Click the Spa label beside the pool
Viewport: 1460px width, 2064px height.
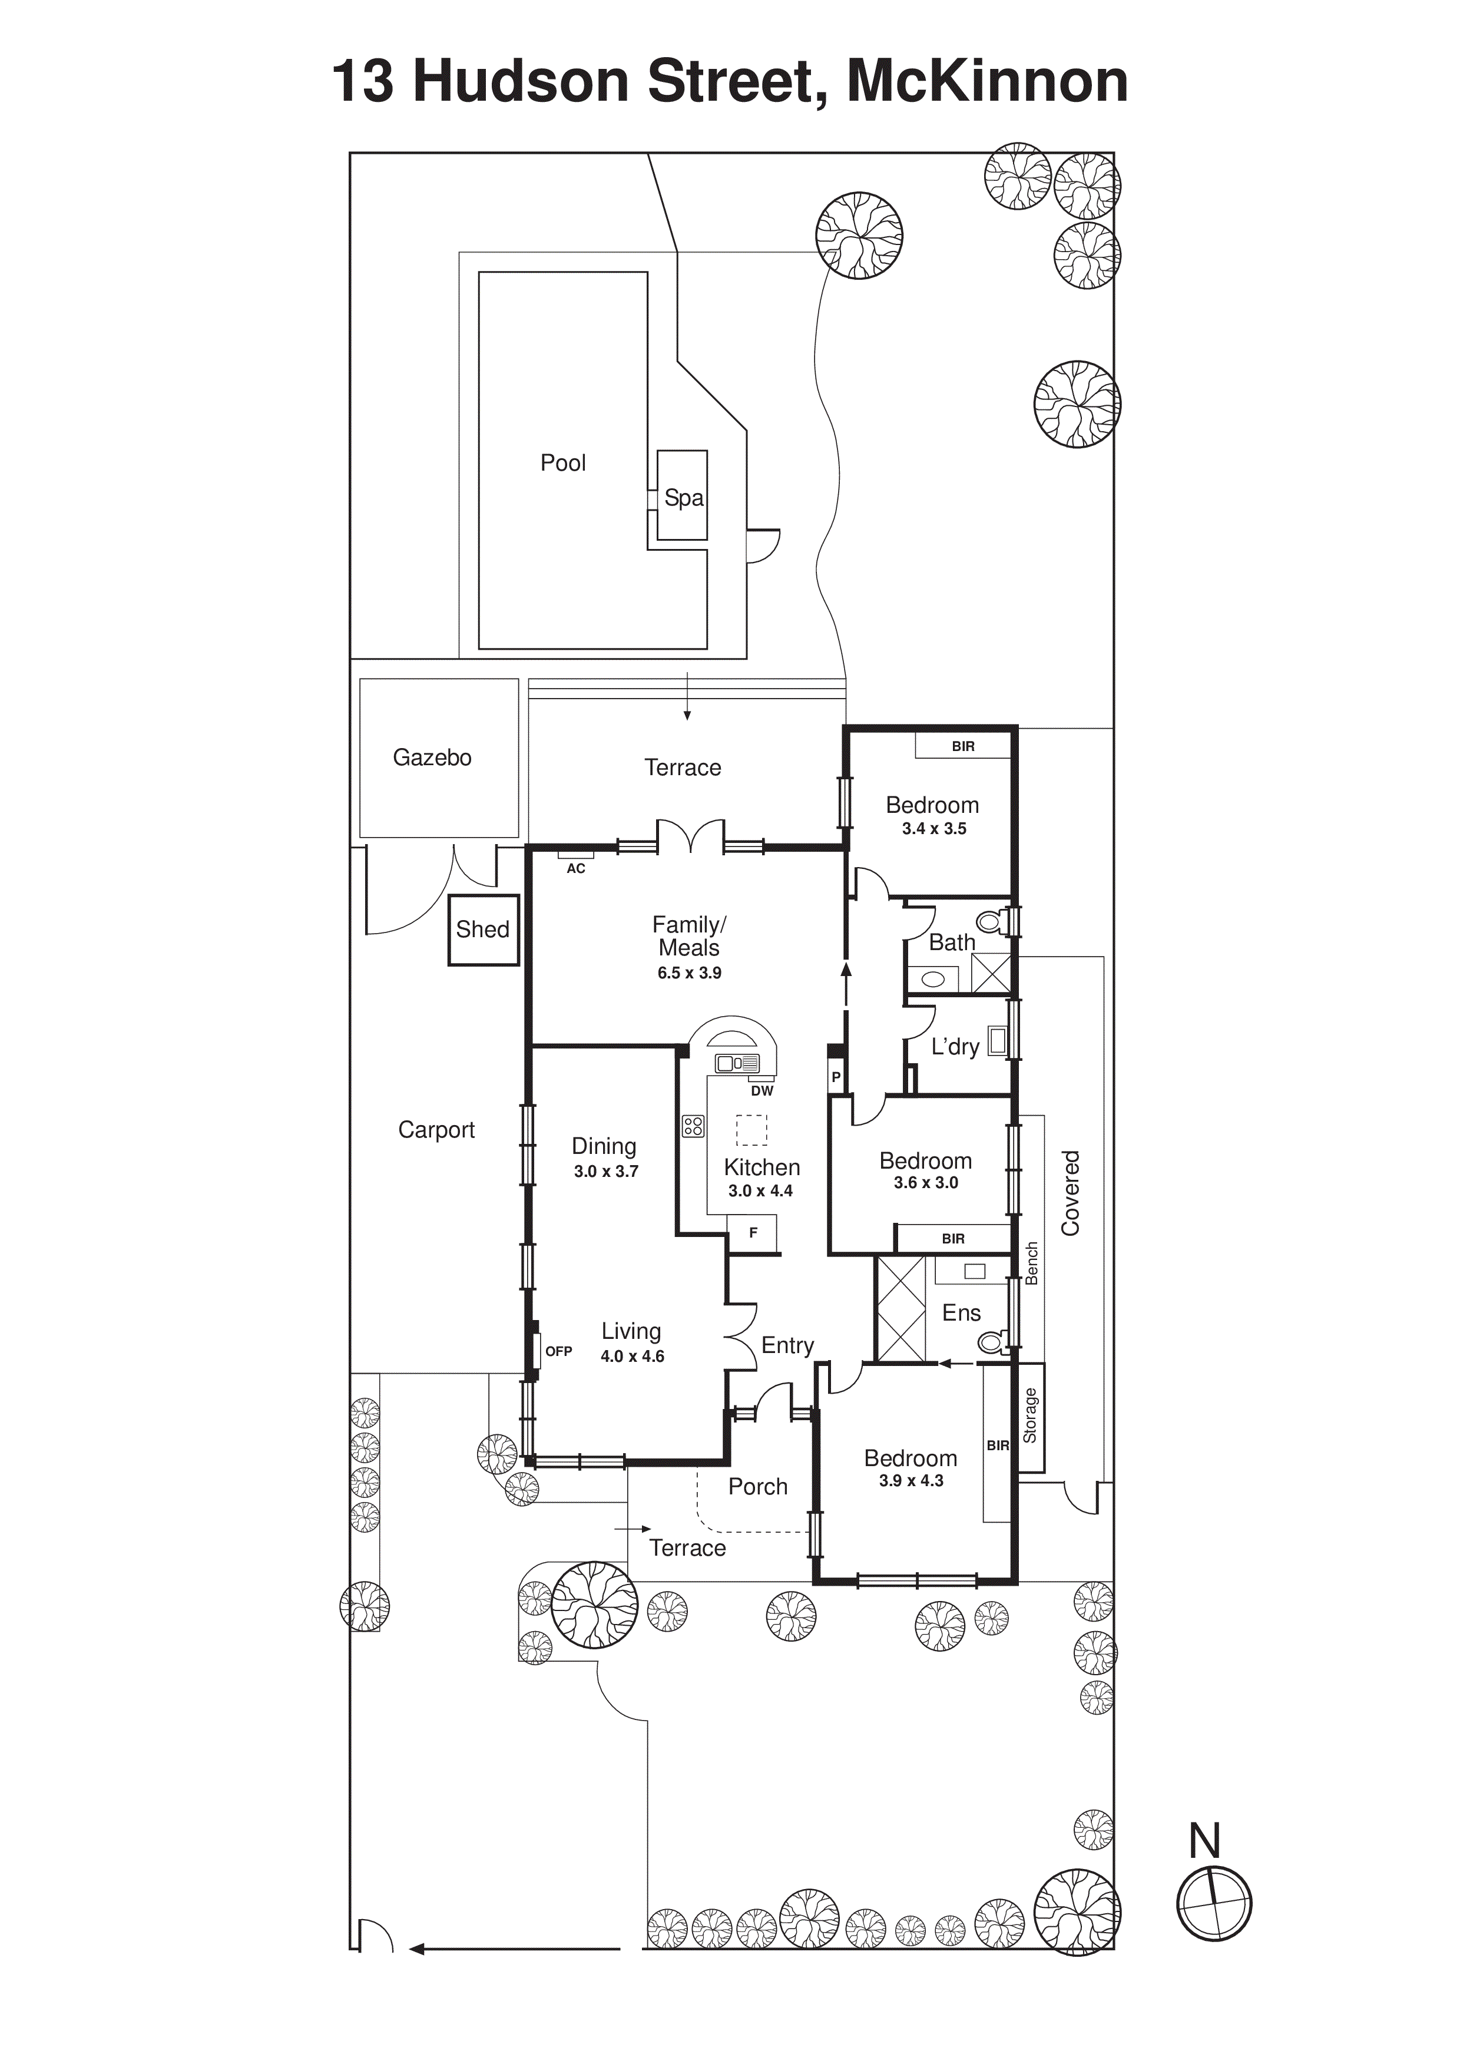(x=683, y=498)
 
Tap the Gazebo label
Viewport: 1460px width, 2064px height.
(x=432, y=758)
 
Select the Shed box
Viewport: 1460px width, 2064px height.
(x=484, y=930)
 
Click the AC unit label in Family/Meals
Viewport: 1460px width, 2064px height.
(x=575, y=868)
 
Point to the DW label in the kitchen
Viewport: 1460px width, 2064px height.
(x=762, y=1090)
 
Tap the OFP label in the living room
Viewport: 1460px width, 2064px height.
(x=558, y=1351)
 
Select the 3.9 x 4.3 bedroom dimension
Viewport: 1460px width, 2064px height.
(x=911, y=1481)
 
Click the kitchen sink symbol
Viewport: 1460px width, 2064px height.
(x=736, y=1063)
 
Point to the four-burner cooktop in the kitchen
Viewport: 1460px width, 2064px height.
(x=693, y=1126)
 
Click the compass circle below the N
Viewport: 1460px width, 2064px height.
(x=1214, y=1903)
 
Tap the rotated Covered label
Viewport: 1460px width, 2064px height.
(x=1070, y=1193)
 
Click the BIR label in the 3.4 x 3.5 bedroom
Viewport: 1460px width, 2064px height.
(x=963, y=746)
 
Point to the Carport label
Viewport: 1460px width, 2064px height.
(x=436, y=1130)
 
